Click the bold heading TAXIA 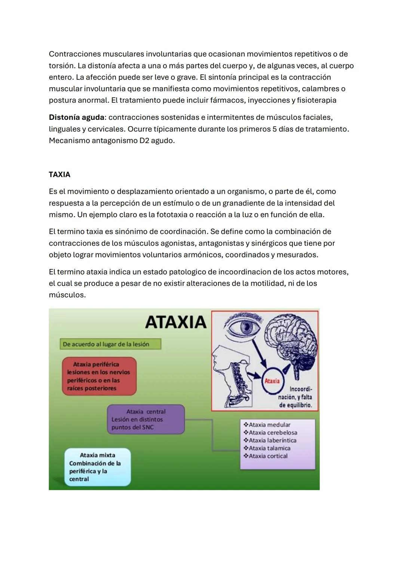[59, 175]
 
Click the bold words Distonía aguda [76, 117]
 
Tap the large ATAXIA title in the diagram [175, 322]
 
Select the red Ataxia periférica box [99, 376]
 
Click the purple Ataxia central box [146, 419]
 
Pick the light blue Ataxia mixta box [97, 467]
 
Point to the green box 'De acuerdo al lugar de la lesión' [110, 344]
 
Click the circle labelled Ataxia [272, 381]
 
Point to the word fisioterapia [316, 100]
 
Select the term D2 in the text [144, 140]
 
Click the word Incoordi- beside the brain [301, 389]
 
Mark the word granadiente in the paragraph [245, 203]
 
